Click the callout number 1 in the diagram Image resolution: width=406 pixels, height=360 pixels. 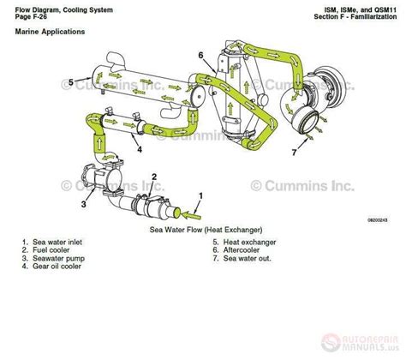(200, 196)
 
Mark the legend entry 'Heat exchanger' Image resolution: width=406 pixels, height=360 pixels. (243, 243)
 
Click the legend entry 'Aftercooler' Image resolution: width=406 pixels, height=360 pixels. (236, 252)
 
